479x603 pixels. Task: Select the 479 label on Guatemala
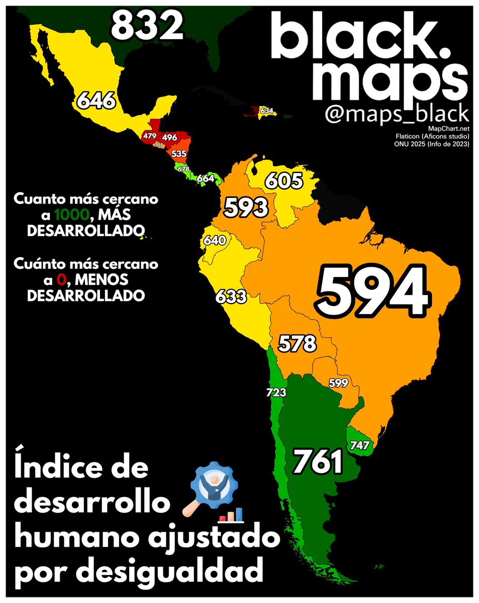(x=150, y=136)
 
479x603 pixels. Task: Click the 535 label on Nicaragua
(x=178, y=153)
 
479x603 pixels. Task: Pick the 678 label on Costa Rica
(x=183, y=169)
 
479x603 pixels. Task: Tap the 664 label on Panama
(x=206, y=178)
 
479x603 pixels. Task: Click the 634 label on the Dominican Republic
(x=267, y=111)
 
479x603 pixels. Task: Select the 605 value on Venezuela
(x=284, y=180)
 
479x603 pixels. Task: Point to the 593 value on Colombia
(x=246, y=207)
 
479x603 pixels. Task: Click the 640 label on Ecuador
(x=215, y=241)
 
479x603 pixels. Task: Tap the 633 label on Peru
(x=231, y=297)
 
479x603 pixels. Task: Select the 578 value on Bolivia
(x=298, y=344)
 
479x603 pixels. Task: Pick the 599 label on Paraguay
(x=339, y=382)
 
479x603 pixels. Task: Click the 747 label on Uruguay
(x=360, y=444)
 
